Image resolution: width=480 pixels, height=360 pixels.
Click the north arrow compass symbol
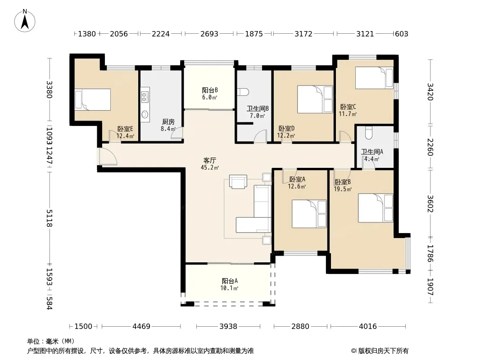[25, 21]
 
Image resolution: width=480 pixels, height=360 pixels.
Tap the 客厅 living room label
[210, 160]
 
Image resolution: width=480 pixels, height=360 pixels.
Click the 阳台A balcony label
[230, 281]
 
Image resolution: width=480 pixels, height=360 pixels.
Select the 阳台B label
[210, 90]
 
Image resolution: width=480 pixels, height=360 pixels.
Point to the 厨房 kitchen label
[168, 122]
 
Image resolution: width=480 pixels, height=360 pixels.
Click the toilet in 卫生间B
[243, 92]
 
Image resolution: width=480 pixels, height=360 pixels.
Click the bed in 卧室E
[92, 99]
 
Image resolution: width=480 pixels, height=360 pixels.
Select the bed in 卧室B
[375, 208]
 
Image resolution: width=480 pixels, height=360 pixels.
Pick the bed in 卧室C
[374, 78]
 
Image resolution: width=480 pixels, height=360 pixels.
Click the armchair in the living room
[238, 182]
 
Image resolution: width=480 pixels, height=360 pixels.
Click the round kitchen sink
[145, 115]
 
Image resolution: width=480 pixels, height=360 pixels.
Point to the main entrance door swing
[108, 157]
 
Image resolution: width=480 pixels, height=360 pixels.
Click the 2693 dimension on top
[209, 34]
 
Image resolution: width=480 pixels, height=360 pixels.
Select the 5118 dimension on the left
[49, 218]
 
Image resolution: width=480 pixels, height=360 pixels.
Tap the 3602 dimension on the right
[430, 204]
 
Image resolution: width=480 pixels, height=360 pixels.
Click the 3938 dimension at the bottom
[228, 326]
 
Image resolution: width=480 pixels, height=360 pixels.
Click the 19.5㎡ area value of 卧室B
[343, 189]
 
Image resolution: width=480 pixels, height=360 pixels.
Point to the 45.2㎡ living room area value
[210, 167]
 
